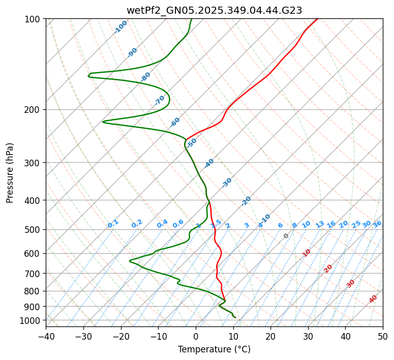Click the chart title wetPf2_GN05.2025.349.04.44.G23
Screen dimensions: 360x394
tap(214, 10)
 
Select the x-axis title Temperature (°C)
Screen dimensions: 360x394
tap(214, 349)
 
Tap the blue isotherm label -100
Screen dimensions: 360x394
tap(121, 27)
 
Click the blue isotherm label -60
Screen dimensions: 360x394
tap(175, 122)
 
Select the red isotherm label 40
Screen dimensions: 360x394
tap(373, 299)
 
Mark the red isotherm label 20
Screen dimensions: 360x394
tap(328, 268)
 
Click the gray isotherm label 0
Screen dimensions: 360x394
tap(286, 236)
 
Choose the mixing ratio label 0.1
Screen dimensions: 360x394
tap(113, 224)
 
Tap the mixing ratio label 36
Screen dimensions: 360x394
tap(377, 224)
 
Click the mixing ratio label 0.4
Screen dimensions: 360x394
tap(162, 224)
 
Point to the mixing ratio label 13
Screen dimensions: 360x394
tap(320, 224)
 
